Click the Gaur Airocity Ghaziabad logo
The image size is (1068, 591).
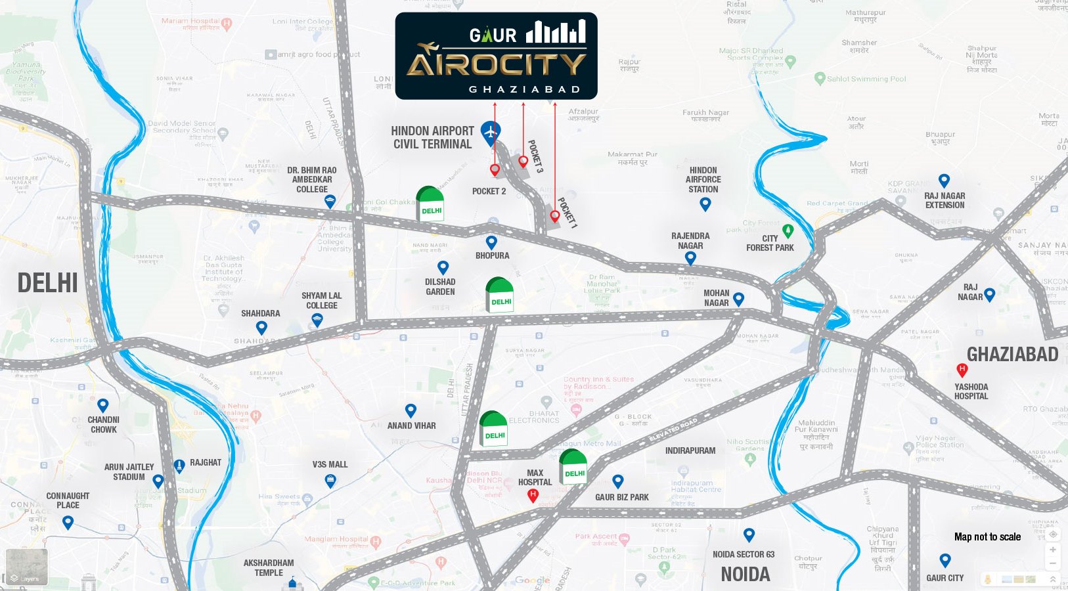[496, 56]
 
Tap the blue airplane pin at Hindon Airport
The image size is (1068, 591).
[490, 132]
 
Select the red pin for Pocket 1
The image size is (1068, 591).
[555, 215]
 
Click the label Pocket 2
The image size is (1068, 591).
[489, 191]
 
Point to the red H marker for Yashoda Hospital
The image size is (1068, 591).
[962, 370]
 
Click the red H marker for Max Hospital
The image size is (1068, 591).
[533, 494]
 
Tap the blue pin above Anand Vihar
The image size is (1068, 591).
[411, 410]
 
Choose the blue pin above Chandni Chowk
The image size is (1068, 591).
[102, 405]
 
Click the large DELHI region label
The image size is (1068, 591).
[47, 283]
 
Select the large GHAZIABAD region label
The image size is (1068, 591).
[1012, 355]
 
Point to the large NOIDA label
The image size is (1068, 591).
[745, 575]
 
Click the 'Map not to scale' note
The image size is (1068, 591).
[987, 537]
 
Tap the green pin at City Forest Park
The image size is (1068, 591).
[788, 230]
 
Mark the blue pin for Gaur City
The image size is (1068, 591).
[945, 560]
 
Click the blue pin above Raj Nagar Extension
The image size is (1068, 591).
[944, 180]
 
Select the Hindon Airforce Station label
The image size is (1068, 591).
[703, 179]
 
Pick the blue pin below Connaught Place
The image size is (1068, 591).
[68, 522]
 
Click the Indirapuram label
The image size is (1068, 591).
[690, 450]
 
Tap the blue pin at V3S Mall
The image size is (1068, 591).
[330, 481]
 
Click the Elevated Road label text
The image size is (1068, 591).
[673, 429]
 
